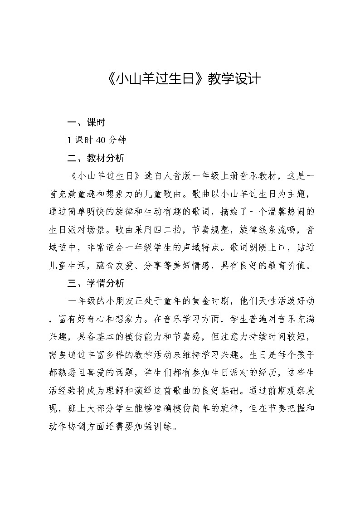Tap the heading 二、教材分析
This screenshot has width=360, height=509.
pyautogui.click(x=96, y=158)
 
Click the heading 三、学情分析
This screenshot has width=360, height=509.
pyautogui.click(x=96, y=284)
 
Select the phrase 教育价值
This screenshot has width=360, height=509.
pyautogui.click(x=286, y=266)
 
